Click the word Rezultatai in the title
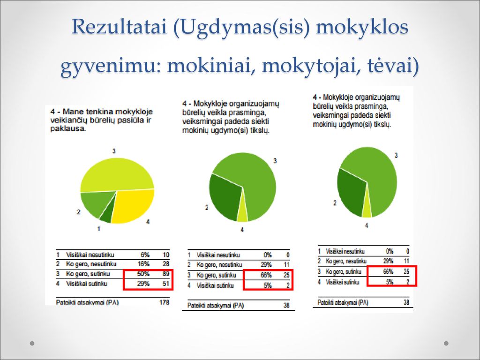coord(120,26)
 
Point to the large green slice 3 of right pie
coord(375,178)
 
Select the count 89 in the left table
coord(165,274)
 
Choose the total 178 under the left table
coord(165,302)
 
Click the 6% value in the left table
coord(145,255)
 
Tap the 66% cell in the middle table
coord(266,275)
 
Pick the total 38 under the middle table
coord(286,305)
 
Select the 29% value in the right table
coord(388,261)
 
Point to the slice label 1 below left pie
coord(98,229)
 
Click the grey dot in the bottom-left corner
coord(32,343)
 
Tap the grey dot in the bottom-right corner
coord(446,343)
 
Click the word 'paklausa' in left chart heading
coord(67,128)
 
